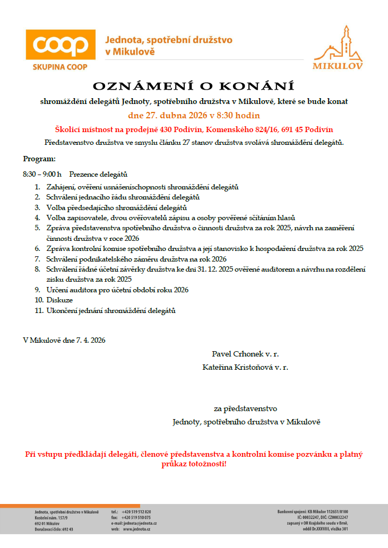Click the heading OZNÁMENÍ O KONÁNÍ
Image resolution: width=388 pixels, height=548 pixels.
[194, 86]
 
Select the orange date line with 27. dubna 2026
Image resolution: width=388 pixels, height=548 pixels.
[194, 115]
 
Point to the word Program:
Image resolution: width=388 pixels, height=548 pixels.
[39, 159]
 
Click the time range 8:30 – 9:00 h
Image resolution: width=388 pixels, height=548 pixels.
[42, 174]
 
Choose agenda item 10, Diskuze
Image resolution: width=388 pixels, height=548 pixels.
[59, 300]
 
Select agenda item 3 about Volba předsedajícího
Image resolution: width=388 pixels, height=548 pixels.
[117, 207]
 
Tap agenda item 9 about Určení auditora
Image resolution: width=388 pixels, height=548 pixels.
[117, 290]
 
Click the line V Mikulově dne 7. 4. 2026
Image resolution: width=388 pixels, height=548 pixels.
[64, 340]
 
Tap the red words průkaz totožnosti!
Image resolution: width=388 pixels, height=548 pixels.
[194, 464]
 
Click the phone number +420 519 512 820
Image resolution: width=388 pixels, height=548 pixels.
[136, 511]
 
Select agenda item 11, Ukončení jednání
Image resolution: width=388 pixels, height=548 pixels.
[111, 310]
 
